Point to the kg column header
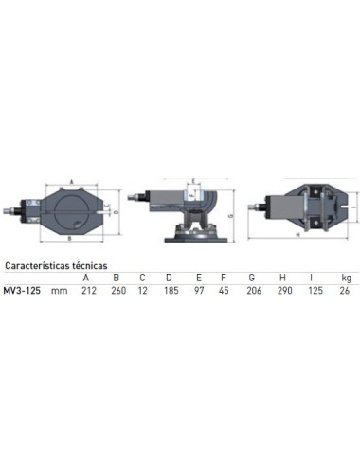[x=346, y=278]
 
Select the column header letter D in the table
[x=169, y=279]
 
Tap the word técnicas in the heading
[x=98, y=267]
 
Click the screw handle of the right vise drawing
[x=254, y=206]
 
